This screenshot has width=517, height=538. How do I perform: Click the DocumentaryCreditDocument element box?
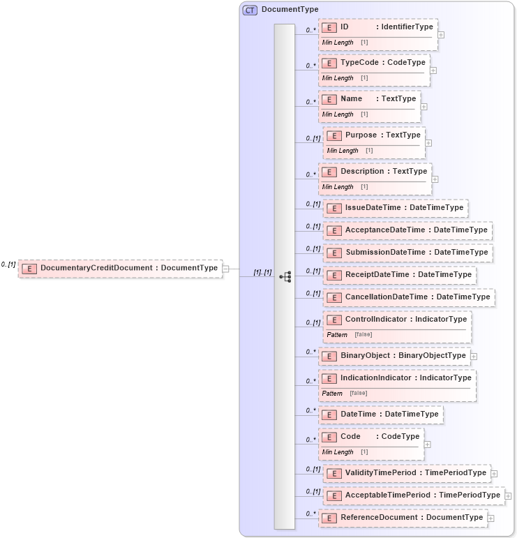[x=120, y=268]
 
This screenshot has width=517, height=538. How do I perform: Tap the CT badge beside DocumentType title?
[x=250, y=10]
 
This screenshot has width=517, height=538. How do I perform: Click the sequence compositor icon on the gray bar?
[x=285, y=277]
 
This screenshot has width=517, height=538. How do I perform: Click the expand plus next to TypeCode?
[x=433, y=70]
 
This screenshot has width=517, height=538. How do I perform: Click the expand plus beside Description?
[x=435, y=179]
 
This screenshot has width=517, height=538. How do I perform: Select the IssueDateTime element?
[x=395, y=208]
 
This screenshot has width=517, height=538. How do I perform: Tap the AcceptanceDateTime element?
[x=407, y=230]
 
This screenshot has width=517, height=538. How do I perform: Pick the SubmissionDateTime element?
[x=407, y=253]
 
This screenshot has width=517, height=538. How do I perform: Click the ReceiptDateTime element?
[x=400, y=275]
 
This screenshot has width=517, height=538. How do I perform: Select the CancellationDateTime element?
[x=409, y=297]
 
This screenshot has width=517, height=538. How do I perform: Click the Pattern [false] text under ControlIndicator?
[x=350, y=335]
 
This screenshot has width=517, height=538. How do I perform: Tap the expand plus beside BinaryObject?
[x=474, y=356]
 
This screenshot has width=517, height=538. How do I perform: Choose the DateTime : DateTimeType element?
[x=381, y=414]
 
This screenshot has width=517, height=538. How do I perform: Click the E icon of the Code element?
[x=329, y=437]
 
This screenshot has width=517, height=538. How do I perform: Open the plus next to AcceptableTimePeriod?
[x=508, y=495]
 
